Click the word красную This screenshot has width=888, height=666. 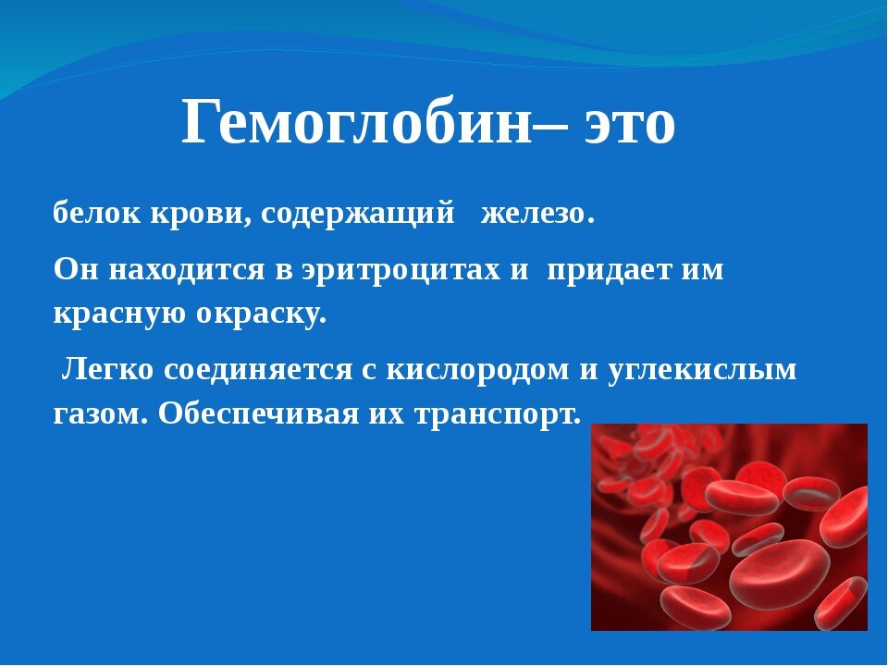coord(116,314)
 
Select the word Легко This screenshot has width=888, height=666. coord(105,370)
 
